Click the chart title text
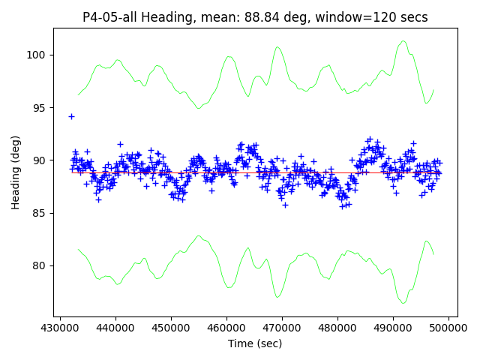click(255, 17)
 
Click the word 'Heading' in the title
click(167, 17)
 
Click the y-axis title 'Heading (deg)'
click(16, 172)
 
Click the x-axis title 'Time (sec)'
click(255, 343)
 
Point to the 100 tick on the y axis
click(37, 55)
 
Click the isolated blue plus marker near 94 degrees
click(71, 116)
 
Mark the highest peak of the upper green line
click(403, 41)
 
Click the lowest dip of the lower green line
click(403, 303)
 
